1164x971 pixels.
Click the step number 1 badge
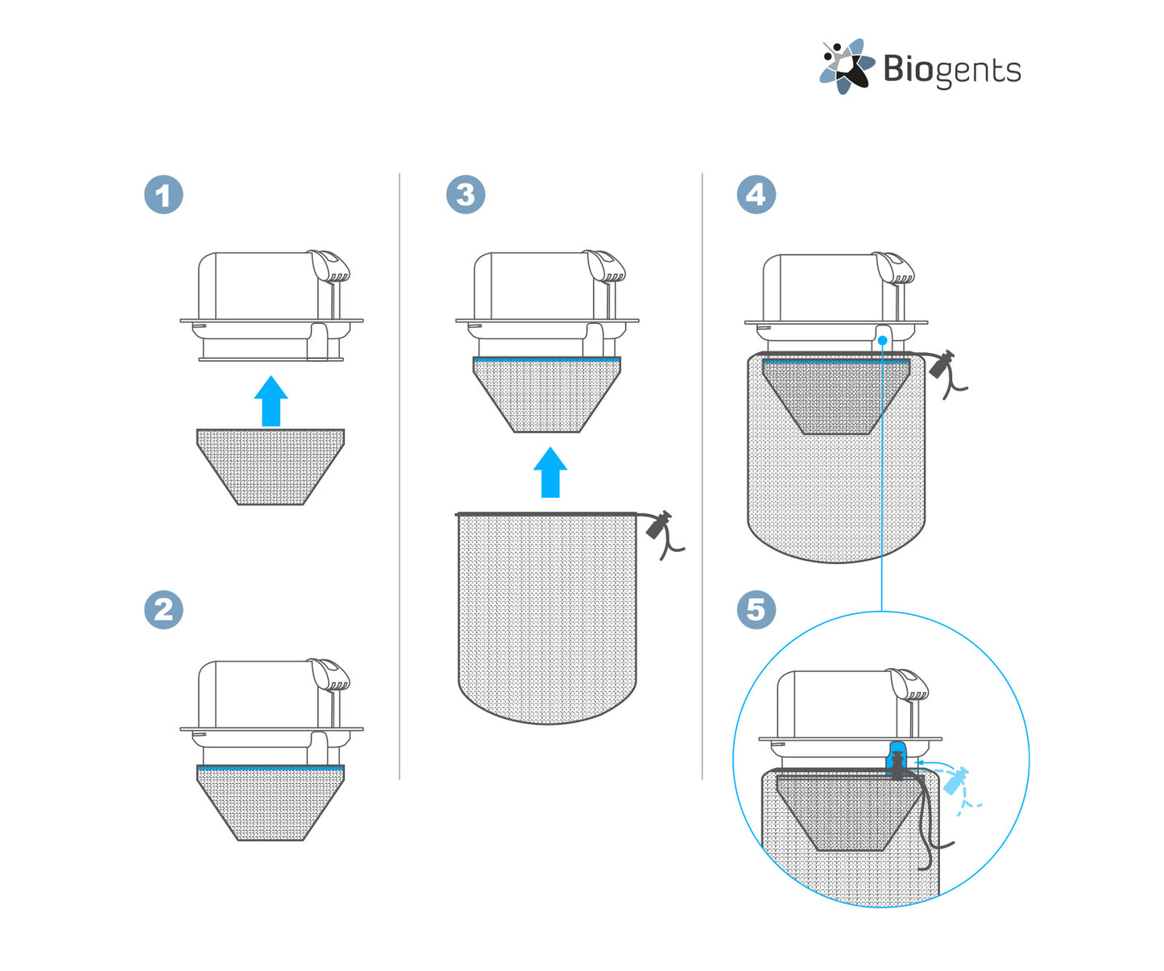click(164, 195)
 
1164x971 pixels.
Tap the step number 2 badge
click(164, 609)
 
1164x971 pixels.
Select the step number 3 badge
click(466, 195)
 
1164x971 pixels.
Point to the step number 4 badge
click(756, 195)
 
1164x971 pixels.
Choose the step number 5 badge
click(756, 609)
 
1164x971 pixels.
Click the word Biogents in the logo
click(951, 70)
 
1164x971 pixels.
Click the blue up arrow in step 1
click(271, 400)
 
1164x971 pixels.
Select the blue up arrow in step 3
click(550, 472)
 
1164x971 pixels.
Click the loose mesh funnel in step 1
click(271, 467)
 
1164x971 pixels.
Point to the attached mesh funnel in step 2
click(271, 802)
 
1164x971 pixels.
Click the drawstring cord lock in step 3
click(658, 525)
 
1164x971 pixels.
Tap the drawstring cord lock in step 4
click(942, 364)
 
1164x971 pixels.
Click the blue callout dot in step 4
click(883, 340)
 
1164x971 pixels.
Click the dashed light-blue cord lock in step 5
click(955, 781)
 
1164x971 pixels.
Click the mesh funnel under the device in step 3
click(547, 394)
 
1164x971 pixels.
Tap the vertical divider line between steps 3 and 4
click(702, 476)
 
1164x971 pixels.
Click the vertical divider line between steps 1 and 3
click(400, 476)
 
